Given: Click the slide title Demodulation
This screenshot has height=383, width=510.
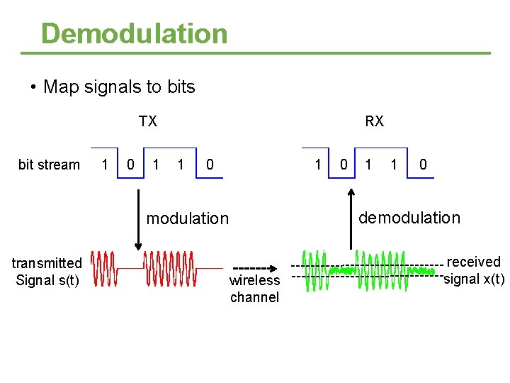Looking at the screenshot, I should tap(135, 33).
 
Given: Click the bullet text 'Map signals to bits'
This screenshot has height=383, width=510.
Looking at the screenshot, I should tap(119, 87).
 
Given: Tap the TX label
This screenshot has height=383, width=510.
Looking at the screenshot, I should tap(148, 121).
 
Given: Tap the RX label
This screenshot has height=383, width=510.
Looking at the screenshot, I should tap(374, 121).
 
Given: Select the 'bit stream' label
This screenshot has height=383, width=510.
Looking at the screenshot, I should tap(49, 165).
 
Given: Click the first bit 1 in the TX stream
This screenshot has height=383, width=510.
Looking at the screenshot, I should tap(105, 165).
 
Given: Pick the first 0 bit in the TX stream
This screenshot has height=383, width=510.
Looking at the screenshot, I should tap(130, 165).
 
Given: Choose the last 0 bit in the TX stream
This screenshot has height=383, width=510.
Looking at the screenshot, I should tap(210, 165).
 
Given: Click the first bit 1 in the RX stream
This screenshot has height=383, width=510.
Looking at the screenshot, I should tap(318, 165).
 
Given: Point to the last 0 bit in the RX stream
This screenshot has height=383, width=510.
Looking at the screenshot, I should tap(423, 165).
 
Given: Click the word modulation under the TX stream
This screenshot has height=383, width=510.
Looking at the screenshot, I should tap(188, 218).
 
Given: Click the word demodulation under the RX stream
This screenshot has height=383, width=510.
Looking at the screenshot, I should tap(409, 218).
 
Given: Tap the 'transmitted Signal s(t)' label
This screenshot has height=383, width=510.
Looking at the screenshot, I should tap(47, 272).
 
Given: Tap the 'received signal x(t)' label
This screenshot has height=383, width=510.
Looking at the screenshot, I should tap(473, 270).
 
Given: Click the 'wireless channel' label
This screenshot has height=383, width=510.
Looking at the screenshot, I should tap(254, 289).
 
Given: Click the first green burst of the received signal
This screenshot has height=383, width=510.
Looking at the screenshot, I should tap(314, 270).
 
